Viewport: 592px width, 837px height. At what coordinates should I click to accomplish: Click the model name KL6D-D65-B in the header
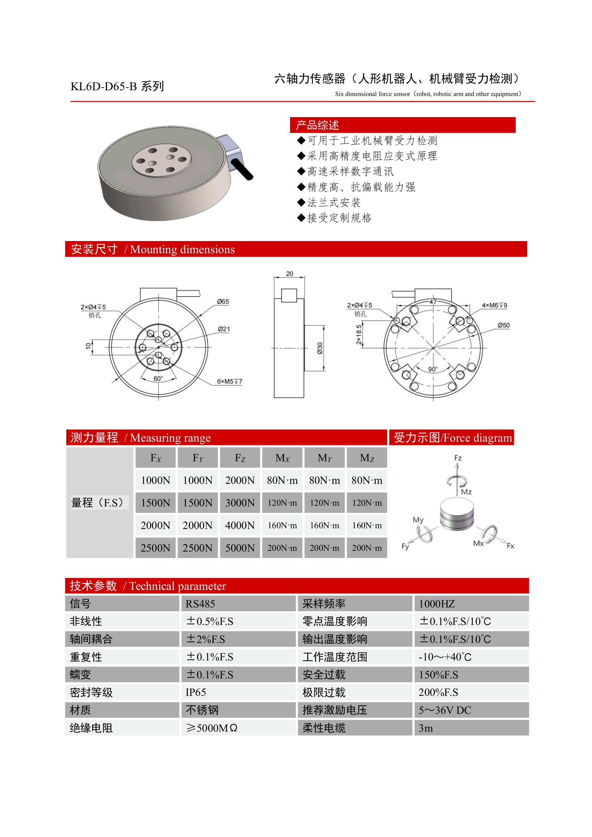pos(104,86)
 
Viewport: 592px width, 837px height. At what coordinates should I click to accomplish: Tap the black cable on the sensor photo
pos(242,169)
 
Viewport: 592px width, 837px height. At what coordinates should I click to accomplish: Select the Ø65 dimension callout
pos(223,302)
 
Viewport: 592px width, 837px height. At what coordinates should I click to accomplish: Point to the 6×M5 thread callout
pos(229,381)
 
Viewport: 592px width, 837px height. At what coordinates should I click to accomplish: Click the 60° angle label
pos(158,379)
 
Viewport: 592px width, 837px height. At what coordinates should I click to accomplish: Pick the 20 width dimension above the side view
pos(289,273)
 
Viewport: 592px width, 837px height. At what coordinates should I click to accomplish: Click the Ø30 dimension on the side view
pos(320,348)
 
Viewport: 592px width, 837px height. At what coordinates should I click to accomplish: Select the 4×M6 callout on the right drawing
pos(494,305)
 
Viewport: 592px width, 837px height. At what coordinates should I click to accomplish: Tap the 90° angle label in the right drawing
pos(433,369)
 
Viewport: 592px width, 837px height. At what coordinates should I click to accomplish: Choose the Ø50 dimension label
pos(504,325)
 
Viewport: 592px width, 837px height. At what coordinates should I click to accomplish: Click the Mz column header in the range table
pos(367,458)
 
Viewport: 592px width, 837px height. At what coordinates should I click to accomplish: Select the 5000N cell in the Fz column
pos(240,548)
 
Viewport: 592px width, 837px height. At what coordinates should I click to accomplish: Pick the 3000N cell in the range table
pos(240,503)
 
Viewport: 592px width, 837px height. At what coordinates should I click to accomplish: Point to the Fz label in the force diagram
pos(458,458)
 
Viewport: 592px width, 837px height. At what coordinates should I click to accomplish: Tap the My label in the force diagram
pos(418,519)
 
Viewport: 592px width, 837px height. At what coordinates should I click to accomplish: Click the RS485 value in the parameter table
pos(200,604)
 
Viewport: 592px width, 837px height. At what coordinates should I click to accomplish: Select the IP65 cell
pos(196,692)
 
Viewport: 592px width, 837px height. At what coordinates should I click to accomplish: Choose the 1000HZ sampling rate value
pos(436,604)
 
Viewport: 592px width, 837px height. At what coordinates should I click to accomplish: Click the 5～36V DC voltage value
pos(445,710)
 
